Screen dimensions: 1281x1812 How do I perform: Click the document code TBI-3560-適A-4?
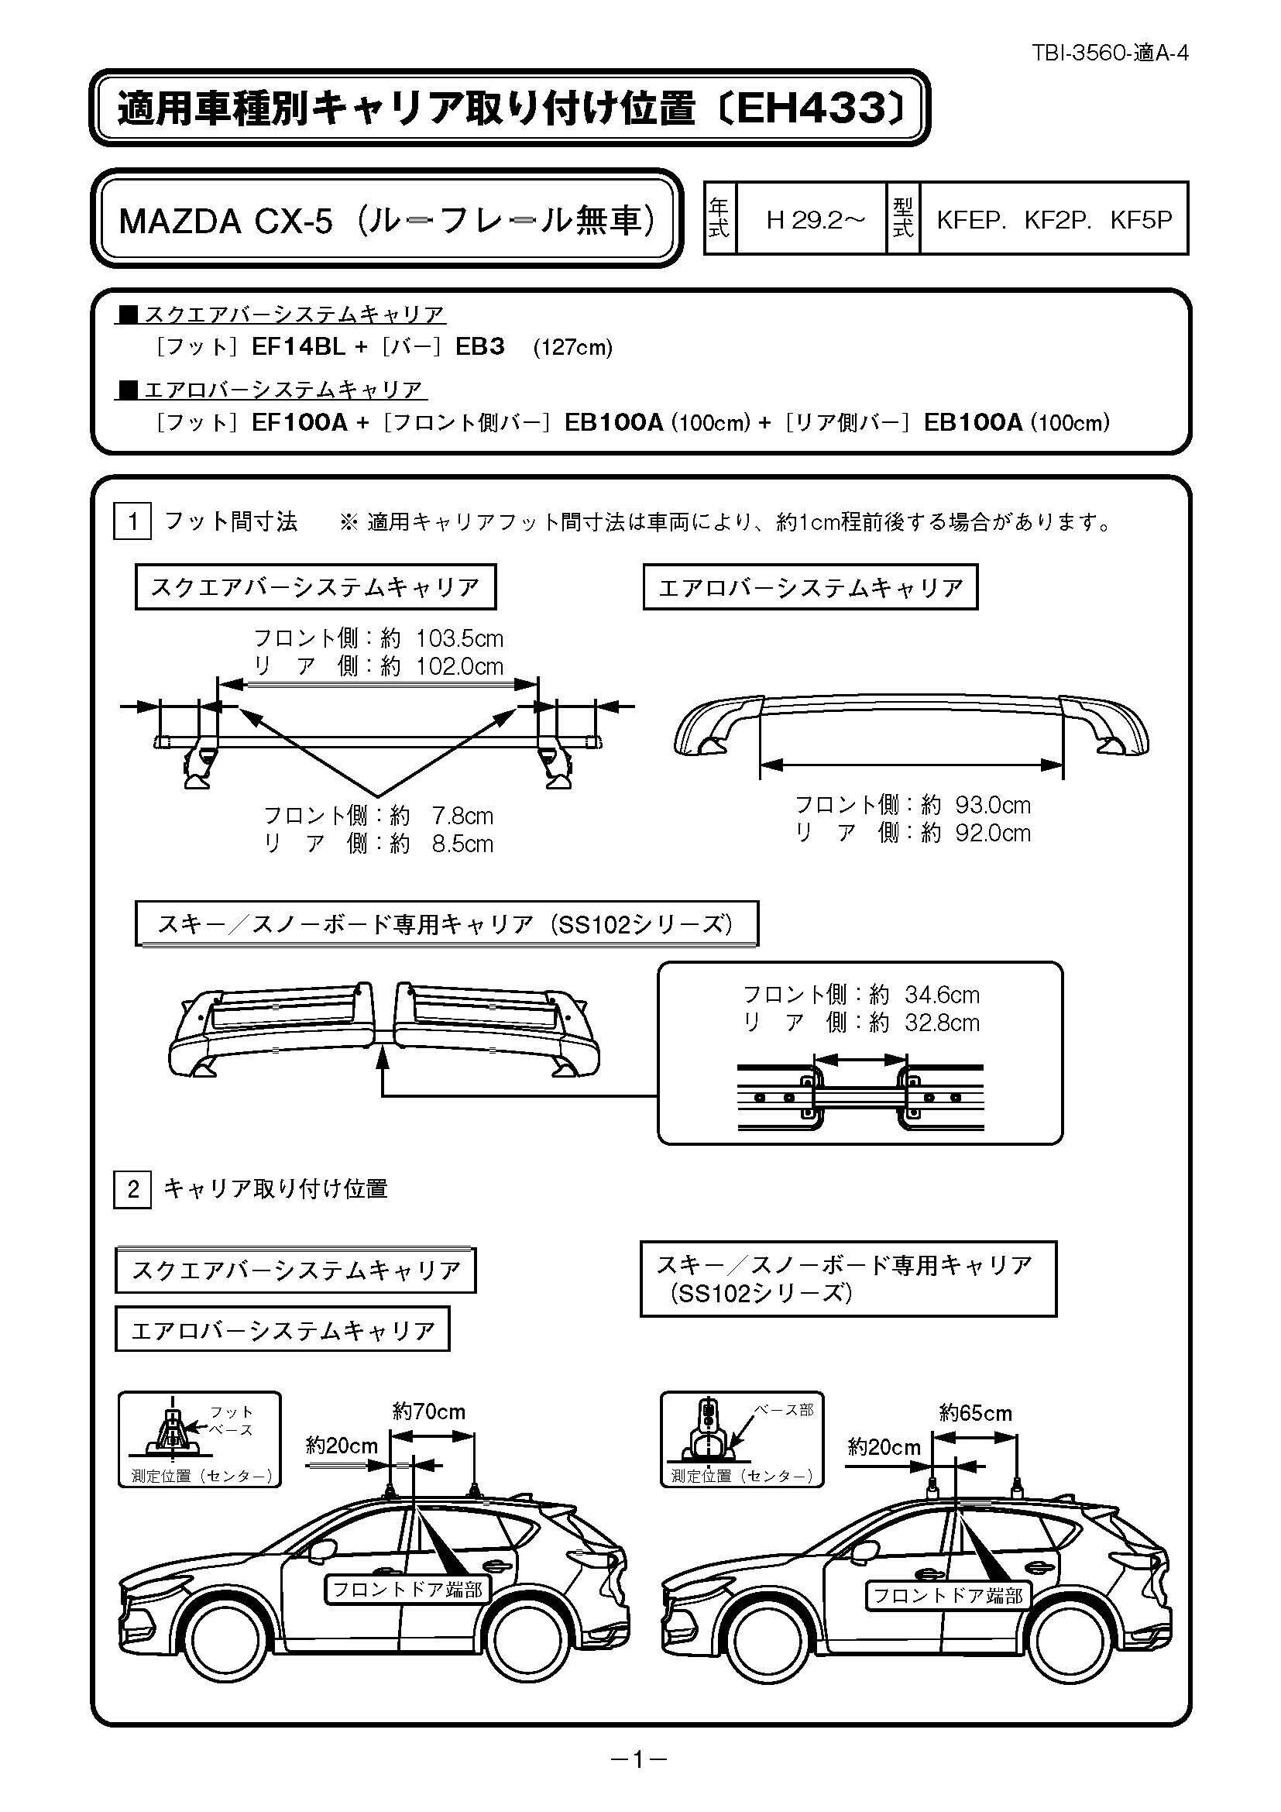tap(1110, 53)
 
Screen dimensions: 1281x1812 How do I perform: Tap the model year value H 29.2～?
tap(816, 219)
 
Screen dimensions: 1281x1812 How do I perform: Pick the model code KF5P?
tap(1141, 219)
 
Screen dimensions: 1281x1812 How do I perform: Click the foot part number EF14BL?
tap(298, 347)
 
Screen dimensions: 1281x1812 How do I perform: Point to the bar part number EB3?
tap(479, 347)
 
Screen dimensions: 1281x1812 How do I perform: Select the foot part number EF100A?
tap(299, 422)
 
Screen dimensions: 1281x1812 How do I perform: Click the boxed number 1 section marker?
tap(132, 521)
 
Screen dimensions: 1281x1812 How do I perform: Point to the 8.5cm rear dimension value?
tap(462, 844)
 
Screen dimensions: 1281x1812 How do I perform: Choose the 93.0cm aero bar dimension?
tap(993, 805)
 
